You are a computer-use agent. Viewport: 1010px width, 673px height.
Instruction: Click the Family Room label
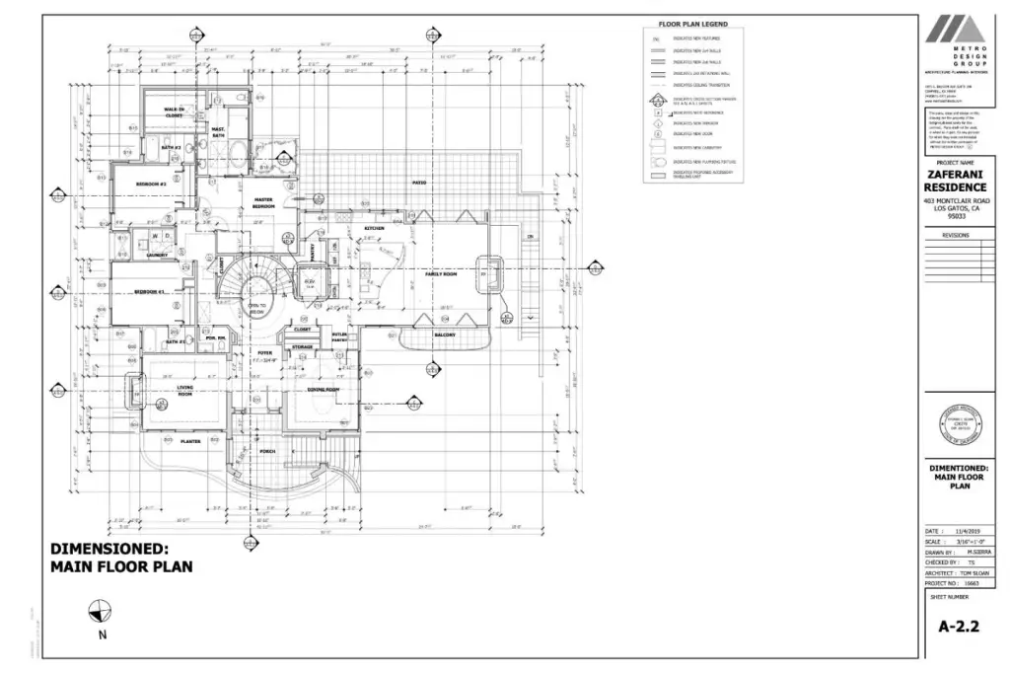pos(441,274)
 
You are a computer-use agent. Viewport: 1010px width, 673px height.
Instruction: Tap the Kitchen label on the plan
pos(374,229)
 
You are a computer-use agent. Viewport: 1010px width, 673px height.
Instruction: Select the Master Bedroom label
pos(263,202)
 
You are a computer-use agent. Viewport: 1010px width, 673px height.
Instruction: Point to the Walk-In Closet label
pos(174,112)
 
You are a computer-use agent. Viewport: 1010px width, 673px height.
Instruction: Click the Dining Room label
pos(325,390)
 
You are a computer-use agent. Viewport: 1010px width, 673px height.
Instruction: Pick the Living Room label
pos(184,391)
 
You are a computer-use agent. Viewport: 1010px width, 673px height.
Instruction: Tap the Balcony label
pos(444,335)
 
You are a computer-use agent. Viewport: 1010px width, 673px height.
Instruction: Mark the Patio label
pos(418,183)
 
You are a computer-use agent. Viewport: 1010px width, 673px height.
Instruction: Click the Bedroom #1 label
pos(149,292)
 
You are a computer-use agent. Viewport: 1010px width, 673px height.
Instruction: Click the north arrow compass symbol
pos(101,612)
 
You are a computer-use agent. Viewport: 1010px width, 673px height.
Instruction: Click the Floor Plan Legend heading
pos(693,23)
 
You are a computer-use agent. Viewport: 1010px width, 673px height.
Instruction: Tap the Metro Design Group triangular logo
pos(954,30)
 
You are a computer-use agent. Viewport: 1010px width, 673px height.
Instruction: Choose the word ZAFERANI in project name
pos(955,175)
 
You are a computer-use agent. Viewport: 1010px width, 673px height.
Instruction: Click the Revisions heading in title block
pos(956,236)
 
